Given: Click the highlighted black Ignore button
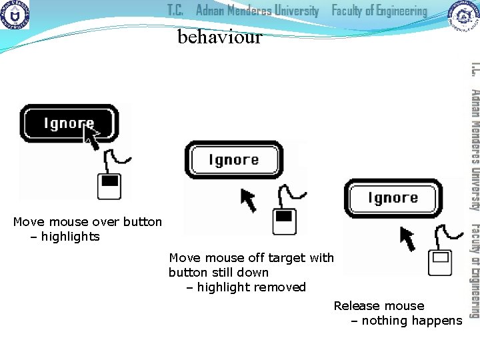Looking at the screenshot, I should (x=69, y=123).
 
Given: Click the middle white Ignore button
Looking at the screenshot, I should (x=233, y=160).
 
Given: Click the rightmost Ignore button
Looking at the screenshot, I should (x=392, y=198).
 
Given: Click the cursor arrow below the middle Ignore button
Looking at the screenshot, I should (x=248, y=199).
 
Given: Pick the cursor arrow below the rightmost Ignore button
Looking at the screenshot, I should (x=407, y=236).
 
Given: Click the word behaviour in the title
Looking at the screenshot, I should (x=220, y=37).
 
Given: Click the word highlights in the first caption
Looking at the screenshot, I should (x=70, y=237).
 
